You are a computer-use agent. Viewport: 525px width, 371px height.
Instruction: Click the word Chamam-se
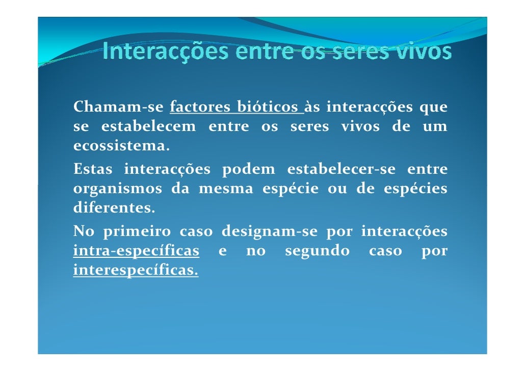118,108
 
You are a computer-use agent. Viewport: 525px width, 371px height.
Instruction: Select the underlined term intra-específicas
136,251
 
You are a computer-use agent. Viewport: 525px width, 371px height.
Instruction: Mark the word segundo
317,251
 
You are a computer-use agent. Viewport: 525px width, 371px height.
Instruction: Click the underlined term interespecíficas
136,271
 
